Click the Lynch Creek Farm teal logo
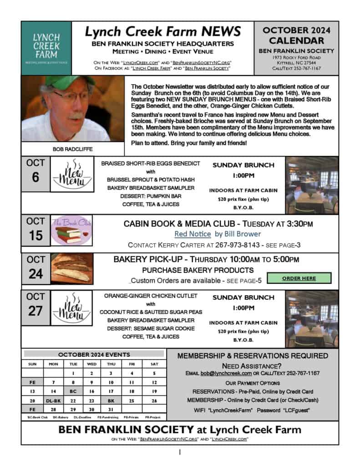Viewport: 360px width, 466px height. click(46, 48)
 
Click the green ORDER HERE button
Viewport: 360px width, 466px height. click(299, 278)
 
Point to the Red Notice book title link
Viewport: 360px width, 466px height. click(193, 234)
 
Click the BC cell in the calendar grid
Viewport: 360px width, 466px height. click(72, 391)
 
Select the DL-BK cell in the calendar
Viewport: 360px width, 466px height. click(53, 400)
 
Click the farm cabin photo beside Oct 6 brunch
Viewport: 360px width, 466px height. click(311, 185)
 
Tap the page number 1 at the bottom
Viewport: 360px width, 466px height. click(180, 453)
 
